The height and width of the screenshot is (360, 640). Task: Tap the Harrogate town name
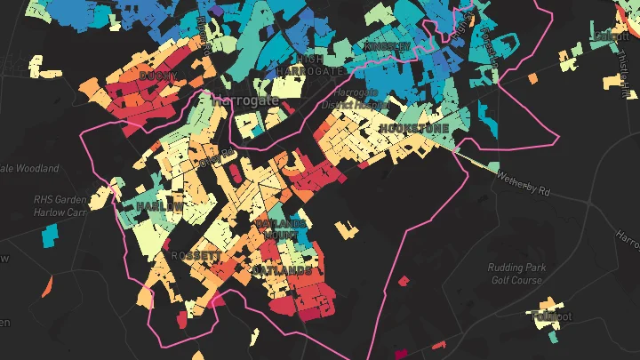[x=246, y=100]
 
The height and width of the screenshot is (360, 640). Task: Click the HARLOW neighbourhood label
[x=160, y=205]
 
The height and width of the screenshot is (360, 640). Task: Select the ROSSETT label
[x=194, y=255]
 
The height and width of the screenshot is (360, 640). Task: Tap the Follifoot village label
[x=551, y=316]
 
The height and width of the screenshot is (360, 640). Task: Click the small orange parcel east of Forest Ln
[x=532, y=78]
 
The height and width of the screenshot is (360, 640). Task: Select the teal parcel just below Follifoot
[x=555, y=336]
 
